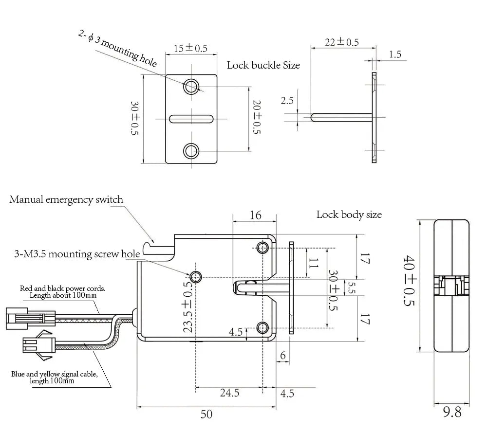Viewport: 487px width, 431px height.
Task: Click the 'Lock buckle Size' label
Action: point(263,65)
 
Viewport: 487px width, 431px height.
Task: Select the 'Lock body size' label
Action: point(349,215)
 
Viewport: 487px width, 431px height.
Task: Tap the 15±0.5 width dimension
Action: point(190,48)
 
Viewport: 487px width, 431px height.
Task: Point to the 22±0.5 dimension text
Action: point(342,42)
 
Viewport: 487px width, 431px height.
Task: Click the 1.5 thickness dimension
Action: point(395,54)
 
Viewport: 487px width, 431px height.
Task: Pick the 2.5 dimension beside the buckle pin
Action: point(287,101)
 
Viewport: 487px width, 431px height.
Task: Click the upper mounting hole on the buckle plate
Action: point(191,87)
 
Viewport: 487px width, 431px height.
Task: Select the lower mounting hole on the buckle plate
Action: point(191,151)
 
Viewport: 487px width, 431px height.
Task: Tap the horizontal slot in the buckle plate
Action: point(191,119)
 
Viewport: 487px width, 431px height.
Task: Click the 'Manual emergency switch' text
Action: point(66,199)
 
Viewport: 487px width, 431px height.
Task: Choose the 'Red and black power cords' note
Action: point(62,291)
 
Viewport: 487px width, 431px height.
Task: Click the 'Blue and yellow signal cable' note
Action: point(55,377)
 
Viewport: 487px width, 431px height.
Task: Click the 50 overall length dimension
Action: point(206,414)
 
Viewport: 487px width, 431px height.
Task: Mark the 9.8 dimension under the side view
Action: point(452,413)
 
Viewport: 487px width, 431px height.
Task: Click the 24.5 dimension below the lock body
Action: point(229,393)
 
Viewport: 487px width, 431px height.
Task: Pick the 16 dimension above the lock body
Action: point(256,215)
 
